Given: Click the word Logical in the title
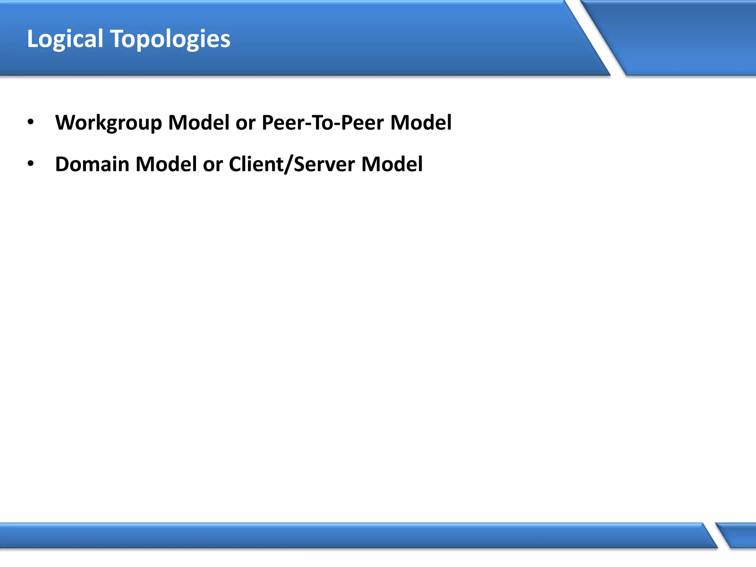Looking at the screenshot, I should pos(65,39).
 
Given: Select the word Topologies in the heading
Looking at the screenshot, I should pos(171,39).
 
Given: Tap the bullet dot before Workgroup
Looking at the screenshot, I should pos(31,121).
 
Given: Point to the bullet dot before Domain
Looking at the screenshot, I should pos(31,163).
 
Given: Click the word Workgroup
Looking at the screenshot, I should pos(109,123).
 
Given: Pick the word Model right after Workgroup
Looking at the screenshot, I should pos(199,122).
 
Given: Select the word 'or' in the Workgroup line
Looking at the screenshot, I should pos(245,123).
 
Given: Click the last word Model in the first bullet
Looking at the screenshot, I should pos(421,122).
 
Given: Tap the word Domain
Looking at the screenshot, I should pos(92,164).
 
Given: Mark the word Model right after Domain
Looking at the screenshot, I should pos(166,164).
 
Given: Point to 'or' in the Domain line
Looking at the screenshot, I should pos(213,165).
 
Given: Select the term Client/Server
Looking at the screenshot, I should pos(292,164).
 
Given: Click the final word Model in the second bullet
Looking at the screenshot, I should pos(392,164).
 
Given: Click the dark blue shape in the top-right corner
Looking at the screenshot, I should pos(683,37).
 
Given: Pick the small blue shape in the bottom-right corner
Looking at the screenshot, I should pos(740,535).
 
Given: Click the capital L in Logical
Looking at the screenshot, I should pos(32,39).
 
